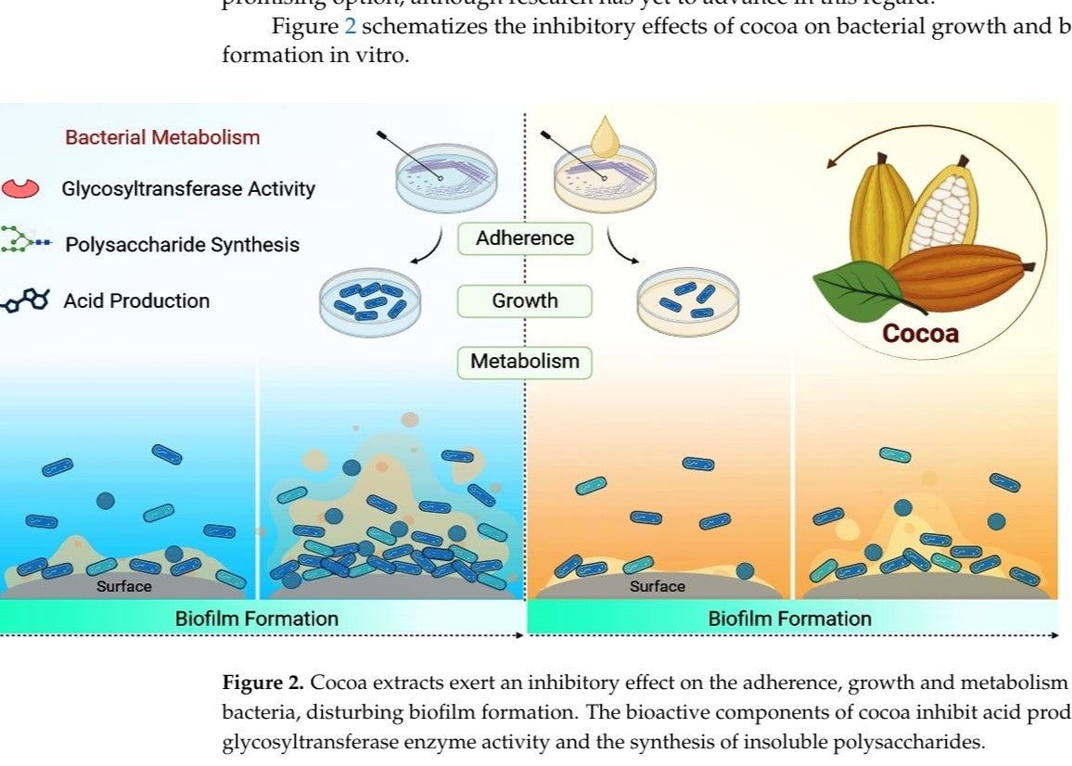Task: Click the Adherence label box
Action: (525, 238)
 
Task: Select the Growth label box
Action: (525, 300)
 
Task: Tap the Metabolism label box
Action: (525, 361)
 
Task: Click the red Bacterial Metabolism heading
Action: (162, 137)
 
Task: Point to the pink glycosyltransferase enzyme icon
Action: (21, 188)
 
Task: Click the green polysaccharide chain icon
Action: (24, 244)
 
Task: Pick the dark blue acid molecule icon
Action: (26, 300)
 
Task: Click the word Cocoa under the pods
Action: (920, 334)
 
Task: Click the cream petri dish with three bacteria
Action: (689, 302)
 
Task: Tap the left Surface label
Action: (124, 586)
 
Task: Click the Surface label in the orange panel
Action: (657, 586)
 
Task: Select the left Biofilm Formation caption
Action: (257, 619)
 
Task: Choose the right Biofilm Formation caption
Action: (789, 619)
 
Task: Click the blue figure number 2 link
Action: (350, 26)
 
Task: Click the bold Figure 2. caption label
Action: (262, 683)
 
